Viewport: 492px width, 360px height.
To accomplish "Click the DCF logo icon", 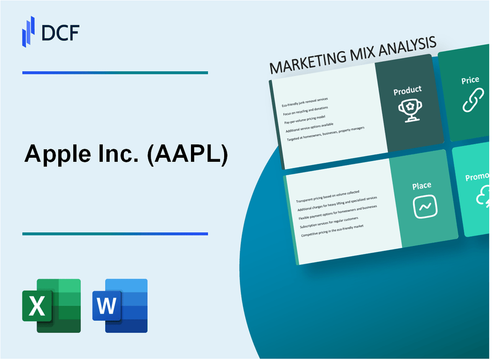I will click(x=28, y=31).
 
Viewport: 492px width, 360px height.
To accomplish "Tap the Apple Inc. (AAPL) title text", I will click(x=126, y=155).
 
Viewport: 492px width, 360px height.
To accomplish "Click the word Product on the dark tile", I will click(x=407, y=91).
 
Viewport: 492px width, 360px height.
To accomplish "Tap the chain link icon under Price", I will click(x=473, y=100).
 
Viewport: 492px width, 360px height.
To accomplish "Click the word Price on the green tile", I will click(x=470, y=80).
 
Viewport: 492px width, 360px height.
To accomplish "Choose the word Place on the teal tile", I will click(x=422, y=185).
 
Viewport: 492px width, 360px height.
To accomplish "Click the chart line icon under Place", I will click(x=425, y=207).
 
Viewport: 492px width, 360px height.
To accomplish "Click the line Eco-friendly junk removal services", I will click(x=305, y=102).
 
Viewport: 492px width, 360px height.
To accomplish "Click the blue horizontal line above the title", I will click(x=115, y=72).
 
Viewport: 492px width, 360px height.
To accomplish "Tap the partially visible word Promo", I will click(x=477, y=178).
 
